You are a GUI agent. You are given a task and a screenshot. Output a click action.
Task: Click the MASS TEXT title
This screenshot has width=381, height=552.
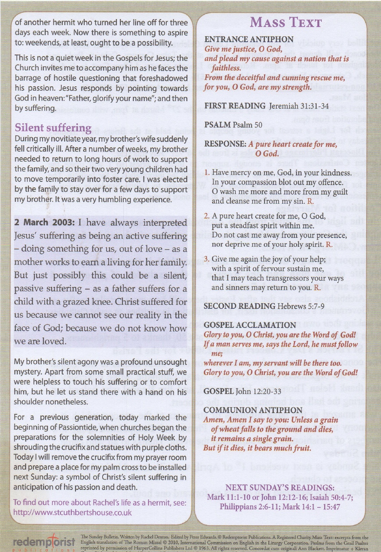point(286,22)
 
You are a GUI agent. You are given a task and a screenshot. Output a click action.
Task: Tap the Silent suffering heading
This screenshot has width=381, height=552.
point(53,128)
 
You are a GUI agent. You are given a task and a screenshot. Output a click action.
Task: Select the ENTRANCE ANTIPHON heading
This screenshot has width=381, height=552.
point(249,39)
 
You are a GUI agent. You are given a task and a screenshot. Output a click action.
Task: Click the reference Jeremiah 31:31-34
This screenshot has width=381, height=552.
point(299,106)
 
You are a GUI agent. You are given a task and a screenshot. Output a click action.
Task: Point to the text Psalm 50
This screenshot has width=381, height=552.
point(247,125)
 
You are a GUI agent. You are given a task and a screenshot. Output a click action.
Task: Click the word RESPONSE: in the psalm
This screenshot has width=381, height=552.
point(225,144)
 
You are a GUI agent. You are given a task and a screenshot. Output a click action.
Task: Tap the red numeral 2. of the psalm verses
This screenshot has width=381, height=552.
point(207,216)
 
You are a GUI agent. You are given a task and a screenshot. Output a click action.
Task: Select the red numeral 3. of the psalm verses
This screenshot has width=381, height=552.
point(207,259)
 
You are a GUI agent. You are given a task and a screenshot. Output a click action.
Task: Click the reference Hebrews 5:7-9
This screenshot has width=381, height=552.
point(301,306)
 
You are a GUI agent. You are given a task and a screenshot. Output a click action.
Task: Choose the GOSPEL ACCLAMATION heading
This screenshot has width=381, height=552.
point(250,325)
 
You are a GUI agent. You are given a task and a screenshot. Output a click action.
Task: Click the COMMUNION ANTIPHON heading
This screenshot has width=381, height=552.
point(253,410)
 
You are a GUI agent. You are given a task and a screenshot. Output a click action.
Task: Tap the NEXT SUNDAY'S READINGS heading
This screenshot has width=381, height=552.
point(280,488)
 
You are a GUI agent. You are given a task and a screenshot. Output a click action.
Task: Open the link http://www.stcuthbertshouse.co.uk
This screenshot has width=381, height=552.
point(72,513)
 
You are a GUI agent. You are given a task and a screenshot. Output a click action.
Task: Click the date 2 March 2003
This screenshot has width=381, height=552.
point(44,222)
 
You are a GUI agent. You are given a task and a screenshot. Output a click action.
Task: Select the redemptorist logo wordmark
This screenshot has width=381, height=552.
point(44,542)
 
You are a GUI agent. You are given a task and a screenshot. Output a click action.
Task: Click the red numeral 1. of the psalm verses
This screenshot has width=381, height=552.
point(207,173)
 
